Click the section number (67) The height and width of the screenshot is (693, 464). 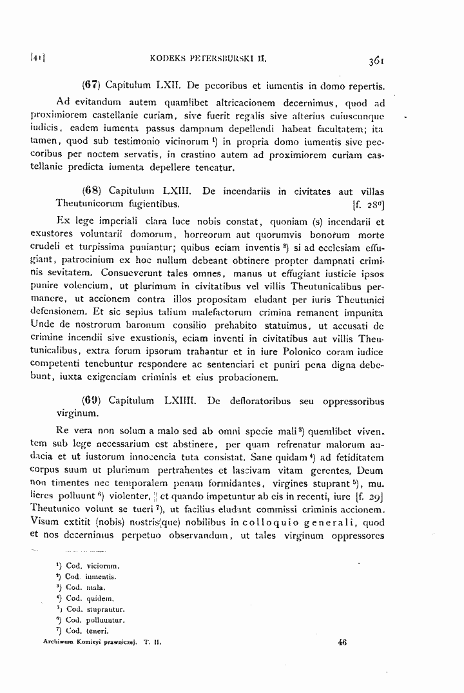coord(92,84)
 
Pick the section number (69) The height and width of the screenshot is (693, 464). coord(93,400)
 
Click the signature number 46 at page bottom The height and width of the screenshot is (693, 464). coord(342,642)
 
